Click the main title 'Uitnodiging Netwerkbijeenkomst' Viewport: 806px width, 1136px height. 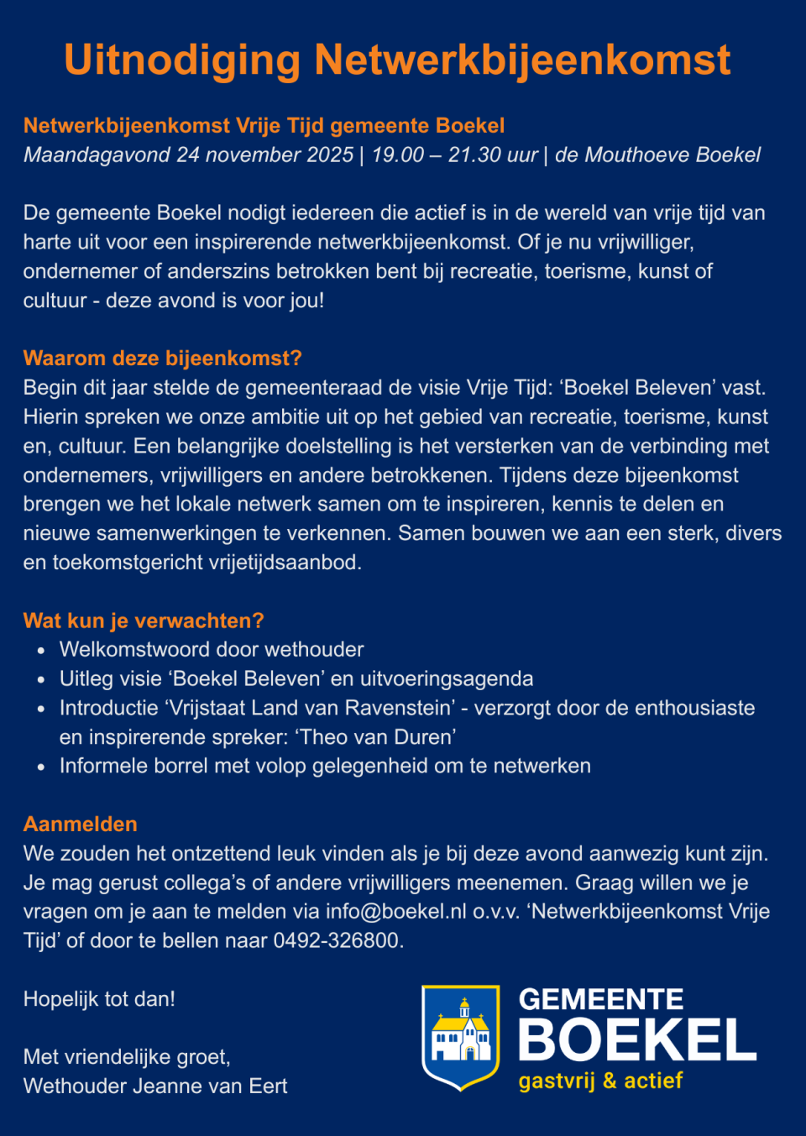pos(397,60)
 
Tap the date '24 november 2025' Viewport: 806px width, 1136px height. pos(264,155)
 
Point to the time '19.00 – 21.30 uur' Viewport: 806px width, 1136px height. pos(454,155)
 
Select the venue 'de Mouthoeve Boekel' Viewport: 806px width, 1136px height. pos(657,155)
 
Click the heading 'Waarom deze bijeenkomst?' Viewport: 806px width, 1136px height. pos(162,359)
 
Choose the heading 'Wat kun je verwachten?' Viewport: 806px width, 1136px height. pos(144,620)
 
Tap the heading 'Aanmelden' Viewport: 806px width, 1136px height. pos(81,824)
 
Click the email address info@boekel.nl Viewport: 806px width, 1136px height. pos(395,912)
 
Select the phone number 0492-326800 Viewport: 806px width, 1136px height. pos(336,940)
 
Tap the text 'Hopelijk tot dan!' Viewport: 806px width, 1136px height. pos(99,999)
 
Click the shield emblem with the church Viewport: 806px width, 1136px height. pos(460,1038)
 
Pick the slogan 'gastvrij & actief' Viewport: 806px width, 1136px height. pos(600,1081)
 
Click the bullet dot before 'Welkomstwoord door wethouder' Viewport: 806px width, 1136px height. pos(41,651)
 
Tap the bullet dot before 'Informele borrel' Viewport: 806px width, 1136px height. pos(41,767)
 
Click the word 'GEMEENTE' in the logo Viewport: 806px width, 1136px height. pos(601,999)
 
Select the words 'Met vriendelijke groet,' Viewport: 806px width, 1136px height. pos(127,1057)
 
